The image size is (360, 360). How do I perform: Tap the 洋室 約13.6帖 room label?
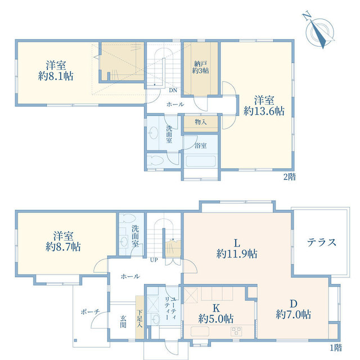(x=264, y=106)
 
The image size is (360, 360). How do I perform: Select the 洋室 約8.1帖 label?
(x=56, y=70)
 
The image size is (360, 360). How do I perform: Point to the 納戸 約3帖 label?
(x=201, y=67)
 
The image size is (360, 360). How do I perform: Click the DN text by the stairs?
(x=173, y=90)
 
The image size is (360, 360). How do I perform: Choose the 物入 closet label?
(x=201, y=122)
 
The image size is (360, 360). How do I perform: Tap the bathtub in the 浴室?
(x=201, y=161)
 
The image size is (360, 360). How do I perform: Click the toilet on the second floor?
(x=155, y=160)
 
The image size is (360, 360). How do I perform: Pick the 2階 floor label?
(x=290, y=177)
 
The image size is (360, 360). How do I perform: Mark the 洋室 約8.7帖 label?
(x=63, y=242)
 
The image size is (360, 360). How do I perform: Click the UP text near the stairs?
(x=154, y=260)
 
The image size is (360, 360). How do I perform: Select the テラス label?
(x=321, y=242)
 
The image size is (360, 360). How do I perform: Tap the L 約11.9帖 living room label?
(x=237, y=249)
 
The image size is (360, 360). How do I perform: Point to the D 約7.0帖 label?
(x=294, y=309)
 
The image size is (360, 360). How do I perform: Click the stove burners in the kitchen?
(x=236, y=331)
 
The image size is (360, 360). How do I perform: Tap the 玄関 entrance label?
(x=123, y=321)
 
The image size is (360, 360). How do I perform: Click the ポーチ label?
(x=90, y=312)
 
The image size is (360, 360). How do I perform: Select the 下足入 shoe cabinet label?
(x=139, y=319)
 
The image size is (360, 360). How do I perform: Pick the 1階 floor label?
(x=336, y=348)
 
